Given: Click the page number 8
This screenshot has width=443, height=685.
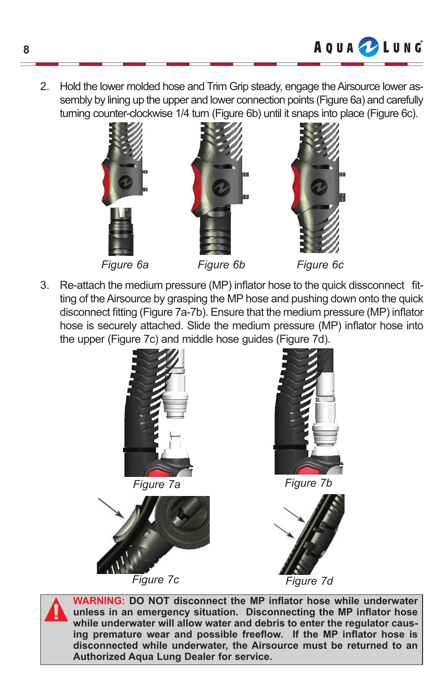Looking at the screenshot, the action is click(26, 50).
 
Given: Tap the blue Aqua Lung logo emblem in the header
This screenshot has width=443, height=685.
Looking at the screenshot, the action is click(368, 47).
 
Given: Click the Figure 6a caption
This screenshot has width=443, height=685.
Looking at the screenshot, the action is click(125, 265).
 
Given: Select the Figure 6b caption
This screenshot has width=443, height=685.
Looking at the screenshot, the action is click(221, 265).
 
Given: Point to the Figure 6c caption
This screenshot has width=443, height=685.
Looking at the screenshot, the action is click(320, 265).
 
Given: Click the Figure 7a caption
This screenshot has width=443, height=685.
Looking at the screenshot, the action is click(156, 484).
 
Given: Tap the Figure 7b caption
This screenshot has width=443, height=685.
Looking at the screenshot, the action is click(308, 483).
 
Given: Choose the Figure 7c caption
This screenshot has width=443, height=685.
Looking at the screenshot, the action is click(155, 580).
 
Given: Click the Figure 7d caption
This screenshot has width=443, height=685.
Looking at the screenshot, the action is click(309, 581).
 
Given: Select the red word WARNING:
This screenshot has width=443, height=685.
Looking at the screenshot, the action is click(99, 600).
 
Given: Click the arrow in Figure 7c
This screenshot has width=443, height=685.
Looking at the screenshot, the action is click(111, 508).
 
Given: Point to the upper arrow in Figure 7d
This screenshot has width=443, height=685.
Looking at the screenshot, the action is click(294, 515).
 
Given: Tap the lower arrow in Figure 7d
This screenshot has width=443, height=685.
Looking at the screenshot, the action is click(284, 531).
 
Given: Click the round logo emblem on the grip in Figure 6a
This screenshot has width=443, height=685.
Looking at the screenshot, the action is click(126, 182).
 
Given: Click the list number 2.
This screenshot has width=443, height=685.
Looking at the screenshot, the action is click(45, 86).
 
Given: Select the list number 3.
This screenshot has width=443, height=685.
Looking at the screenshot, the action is click(45, 285).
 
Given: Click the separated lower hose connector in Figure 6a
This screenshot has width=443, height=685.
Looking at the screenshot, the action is click(121, 231).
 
